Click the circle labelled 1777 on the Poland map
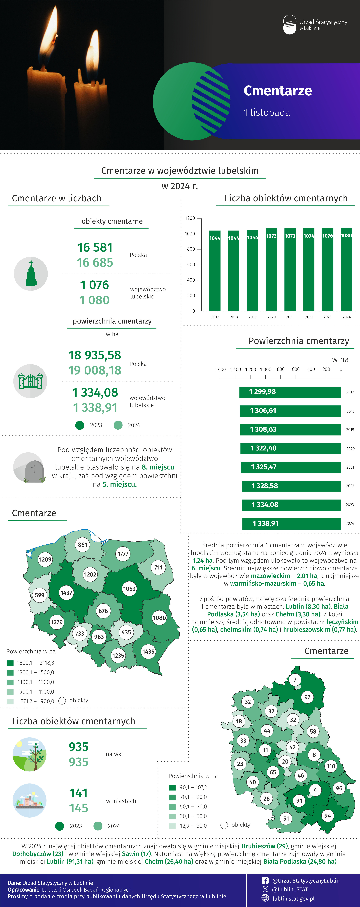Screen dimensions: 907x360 pos(123,554)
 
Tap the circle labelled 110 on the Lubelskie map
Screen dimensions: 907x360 pos(331,766)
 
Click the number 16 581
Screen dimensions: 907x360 pos(95,248)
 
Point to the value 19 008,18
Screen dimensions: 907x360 pos(95,370)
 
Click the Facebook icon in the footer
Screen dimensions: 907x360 pos(265,880)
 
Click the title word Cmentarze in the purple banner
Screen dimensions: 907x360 pos(278,91)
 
